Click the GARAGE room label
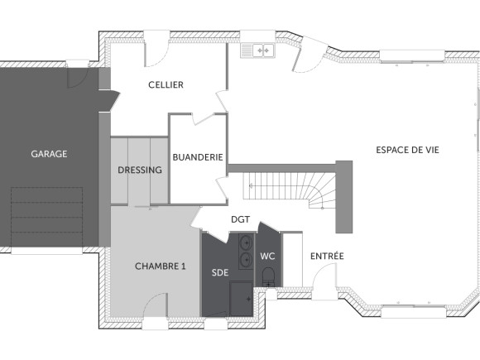pos(49,154)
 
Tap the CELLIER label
pos(166,85)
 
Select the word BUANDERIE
pos(198,156)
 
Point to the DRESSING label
pos(140,170)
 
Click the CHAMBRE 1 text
pos(161,266)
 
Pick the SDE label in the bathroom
pos(219,272)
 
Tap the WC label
pos(267,257)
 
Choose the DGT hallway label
pos(240,220)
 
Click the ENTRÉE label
pos(327,257)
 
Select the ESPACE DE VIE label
pos(407,150)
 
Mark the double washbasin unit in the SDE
pos(246,252)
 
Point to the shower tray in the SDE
pos(242,298)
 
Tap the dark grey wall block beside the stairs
pos(343,197)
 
